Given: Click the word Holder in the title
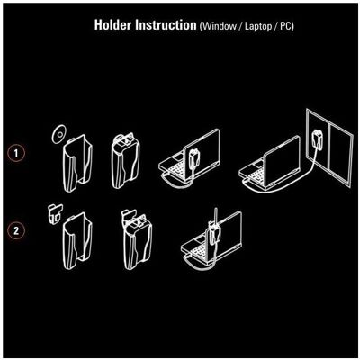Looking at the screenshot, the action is (x=113, y=25).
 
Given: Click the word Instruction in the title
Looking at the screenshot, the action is (x=166, y=25).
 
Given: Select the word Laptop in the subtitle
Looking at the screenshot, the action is (x=258, y=26).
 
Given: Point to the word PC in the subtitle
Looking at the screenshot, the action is (x=285, y=26).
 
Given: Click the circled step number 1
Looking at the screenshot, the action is (x=15, y=153).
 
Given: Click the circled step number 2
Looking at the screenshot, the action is (x=15, y=231).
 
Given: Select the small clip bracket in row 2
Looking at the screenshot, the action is (x=55, y=214).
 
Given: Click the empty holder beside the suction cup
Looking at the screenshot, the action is (x=77, y=164).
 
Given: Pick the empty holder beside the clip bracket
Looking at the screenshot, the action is (x=77, y=240).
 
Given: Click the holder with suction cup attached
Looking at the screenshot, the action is (x=125, y=161).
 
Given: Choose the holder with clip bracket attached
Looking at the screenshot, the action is (x=137, y=239).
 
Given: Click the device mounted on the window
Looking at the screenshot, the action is (x=317, y=139).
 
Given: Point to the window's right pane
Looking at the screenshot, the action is (x=341, y=155).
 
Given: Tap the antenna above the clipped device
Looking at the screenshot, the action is (x=215, y=217).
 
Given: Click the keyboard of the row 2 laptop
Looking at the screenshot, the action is (x=201, y=250).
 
